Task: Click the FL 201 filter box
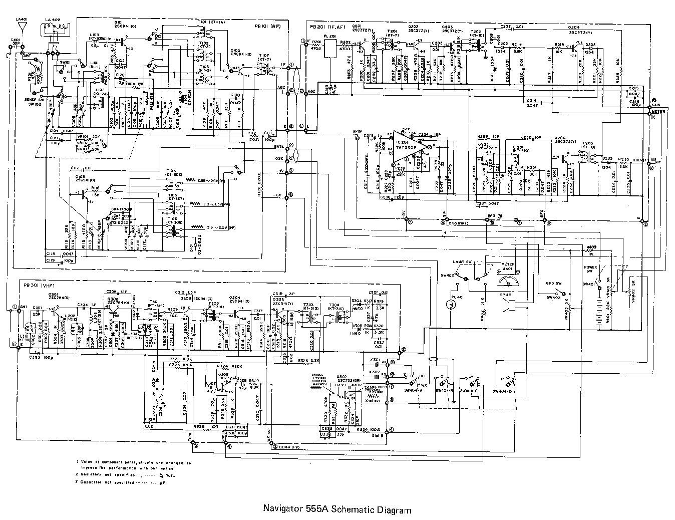(330, 48)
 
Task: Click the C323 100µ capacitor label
(41, 358)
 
